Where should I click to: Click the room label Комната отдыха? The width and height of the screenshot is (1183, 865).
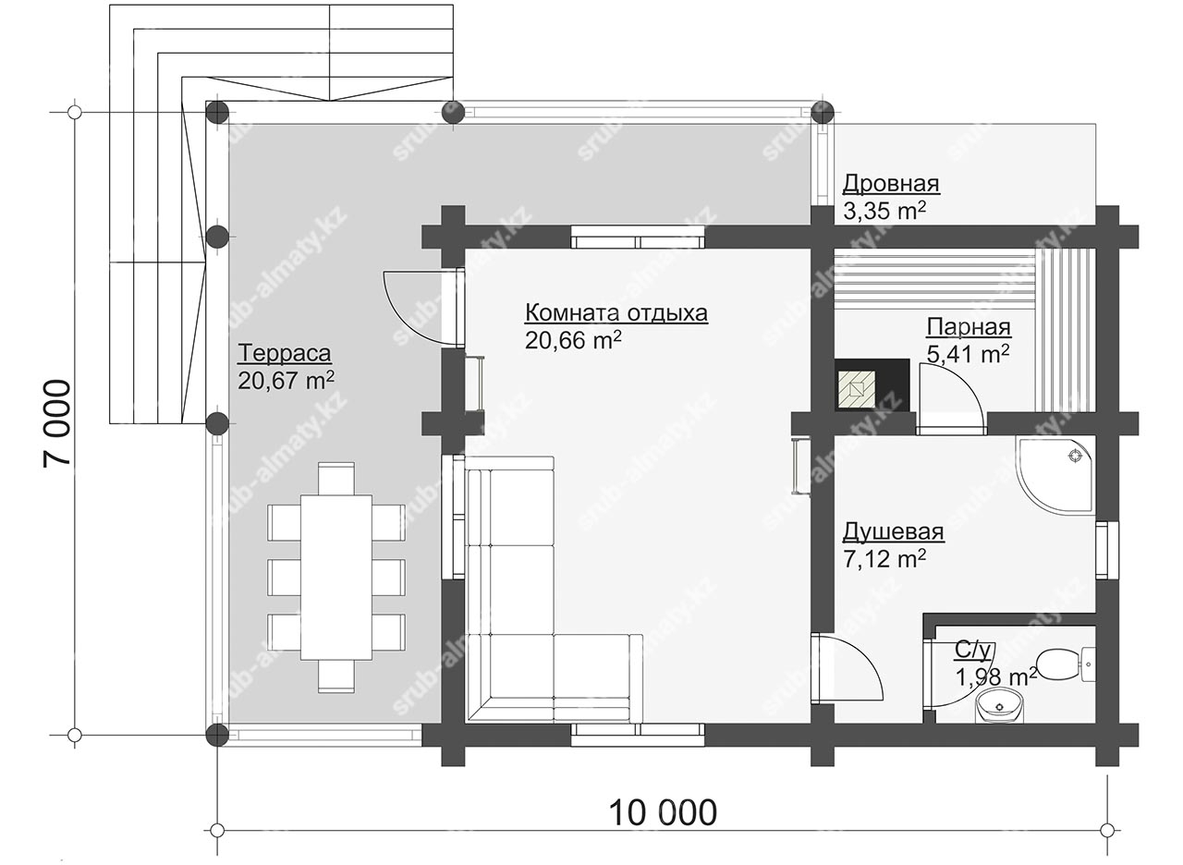pos(616,312)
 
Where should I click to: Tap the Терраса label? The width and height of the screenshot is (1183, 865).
pos(284,353)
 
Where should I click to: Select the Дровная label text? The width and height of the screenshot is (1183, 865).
pos(891,183)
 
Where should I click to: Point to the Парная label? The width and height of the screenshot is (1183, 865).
pos(969,327)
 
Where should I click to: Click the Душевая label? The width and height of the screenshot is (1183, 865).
pos(893,531)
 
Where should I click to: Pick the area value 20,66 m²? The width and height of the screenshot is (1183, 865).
pos(573,341)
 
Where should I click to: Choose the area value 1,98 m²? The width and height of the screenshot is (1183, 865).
pos(996,677)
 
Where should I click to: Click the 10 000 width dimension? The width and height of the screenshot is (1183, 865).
pos(664,812)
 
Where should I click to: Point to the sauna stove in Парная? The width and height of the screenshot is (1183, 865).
pos(872,384)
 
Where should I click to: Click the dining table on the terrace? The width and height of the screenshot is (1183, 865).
pos(336,578)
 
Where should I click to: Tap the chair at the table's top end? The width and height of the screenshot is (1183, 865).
pos(336,479)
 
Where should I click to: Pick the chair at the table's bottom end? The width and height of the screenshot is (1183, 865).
pos(336,676)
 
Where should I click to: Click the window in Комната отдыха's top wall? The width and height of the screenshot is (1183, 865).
pos(638,238)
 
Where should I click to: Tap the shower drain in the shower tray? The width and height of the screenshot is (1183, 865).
pos(1075,456)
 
